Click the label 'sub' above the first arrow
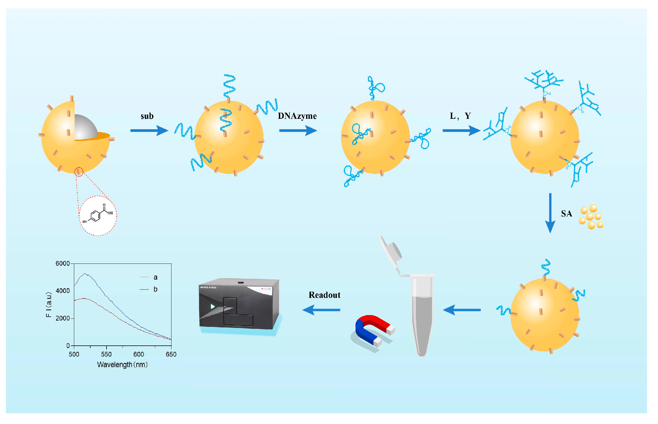pyautogui.click(x=147, y=116)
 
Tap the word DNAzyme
pyautogui.click(x=297, y=116)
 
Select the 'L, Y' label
pyautogui.click(x=460, y=116)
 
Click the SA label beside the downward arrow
pyautogui.click(x=566, y=213)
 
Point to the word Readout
pyautogui.click(x=324, y=295)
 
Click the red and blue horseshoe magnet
pyautogui.click(x=372, y=329)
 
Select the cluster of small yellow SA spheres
pyautogui.click(x=591, y=217)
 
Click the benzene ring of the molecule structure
pyautogui.click(x=96, y=216)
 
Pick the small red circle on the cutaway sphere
pyautogui.click(x=79, y=172)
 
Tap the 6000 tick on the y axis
pyautogui.click(x=62, y=264)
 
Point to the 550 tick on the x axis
pyautogui.click(x=106, y=354)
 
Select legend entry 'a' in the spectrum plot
pyautogui.click(x=155, y=277)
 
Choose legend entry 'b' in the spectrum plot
pyautogui.click(x=155, y=289)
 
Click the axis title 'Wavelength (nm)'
pyautogui.click(x=122, y=365)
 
